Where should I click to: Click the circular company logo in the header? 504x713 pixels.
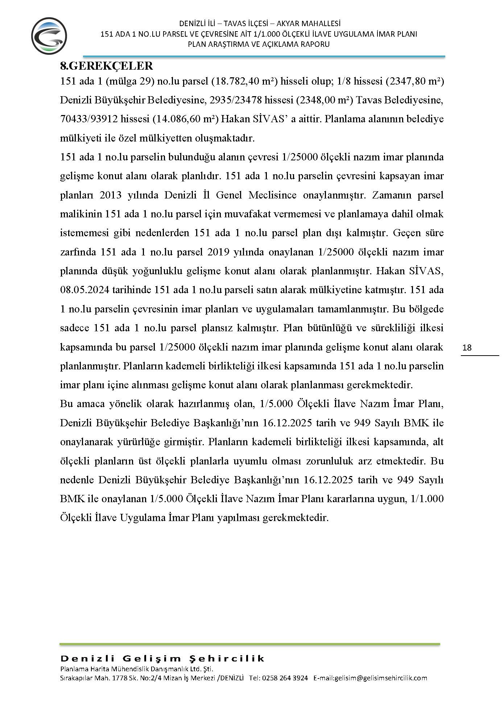(49, 36)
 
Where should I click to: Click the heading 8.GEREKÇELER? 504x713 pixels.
(106, 66)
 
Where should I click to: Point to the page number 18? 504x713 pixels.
(467, 348)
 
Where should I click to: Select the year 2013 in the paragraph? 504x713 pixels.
(110, 195)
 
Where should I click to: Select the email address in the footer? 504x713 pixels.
(370, 678)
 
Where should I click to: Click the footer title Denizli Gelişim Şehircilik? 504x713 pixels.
(162, 659)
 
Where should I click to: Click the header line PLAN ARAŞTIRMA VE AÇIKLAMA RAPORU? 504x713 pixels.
(259, 44)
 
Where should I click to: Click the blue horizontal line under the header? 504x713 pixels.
(264, 57)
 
